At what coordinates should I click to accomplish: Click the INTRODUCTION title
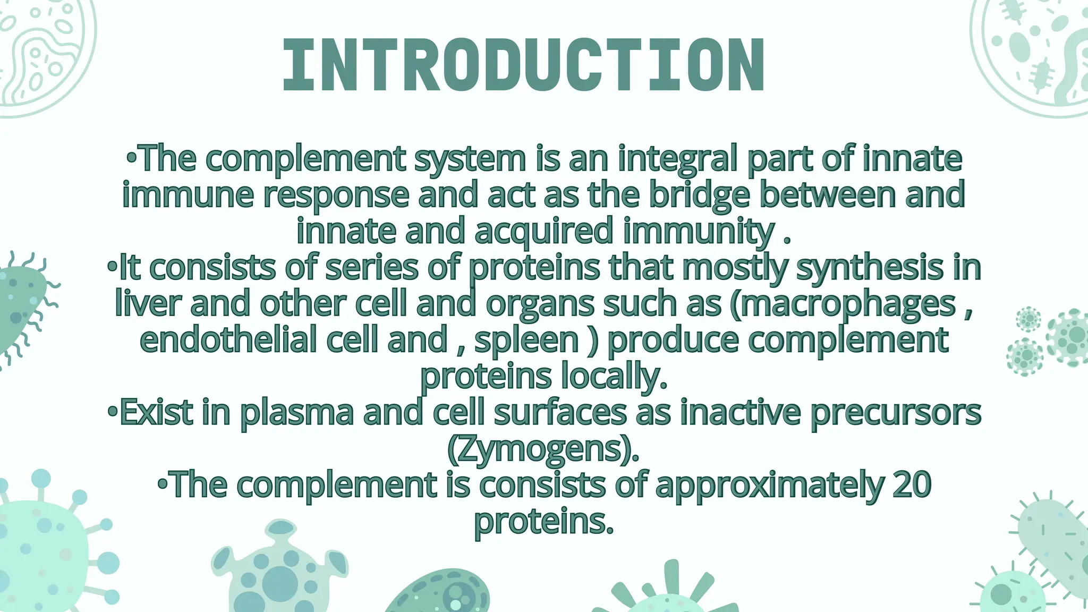tap(523, 66)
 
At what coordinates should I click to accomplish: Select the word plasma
tap(297, 413)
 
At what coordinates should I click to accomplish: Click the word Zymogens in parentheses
tap(543, 449)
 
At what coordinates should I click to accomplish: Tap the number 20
tap(912, 484)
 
